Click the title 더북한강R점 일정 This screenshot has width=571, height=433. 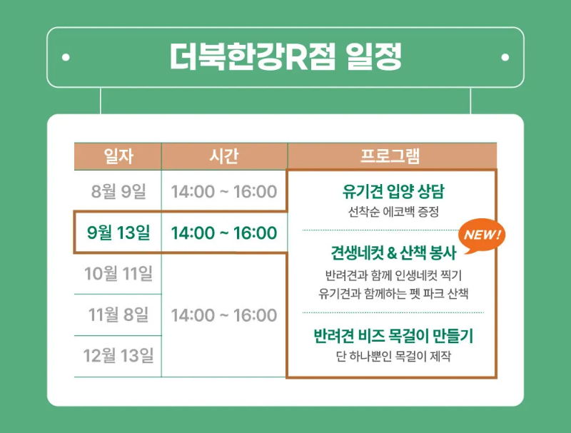(285, 57)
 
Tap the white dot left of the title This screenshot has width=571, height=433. (66, 57)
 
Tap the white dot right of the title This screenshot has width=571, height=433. (505, 57)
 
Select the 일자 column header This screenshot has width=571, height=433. (118, 156)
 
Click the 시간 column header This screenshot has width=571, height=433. (224, 156)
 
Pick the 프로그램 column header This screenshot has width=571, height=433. (391, 156)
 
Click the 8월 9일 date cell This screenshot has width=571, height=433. (118, 191)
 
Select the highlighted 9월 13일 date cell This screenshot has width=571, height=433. (118, 233)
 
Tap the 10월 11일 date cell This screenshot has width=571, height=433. (118, 273)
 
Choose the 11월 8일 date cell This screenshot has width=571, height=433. (118, 315)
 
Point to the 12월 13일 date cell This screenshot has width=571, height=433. (118, 355)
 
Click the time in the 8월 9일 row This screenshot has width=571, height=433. (224, 191)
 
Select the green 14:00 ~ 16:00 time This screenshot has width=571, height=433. (224, 233)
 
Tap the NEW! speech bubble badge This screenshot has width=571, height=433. (483, 235)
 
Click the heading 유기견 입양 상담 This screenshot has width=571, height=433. (393, 192)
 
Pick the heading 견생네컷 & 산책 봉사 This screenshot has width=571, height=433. (393, 253)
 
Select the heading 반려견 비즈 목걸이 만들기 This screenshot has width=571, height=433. (393, 336)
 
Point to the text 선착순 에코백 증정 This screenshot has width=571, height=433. (393, 212)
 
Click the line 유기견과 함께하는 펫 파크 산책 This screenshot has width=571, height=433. (393, 293)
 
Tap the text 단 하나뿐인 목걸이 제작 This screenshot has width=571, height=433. (393, 356)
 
